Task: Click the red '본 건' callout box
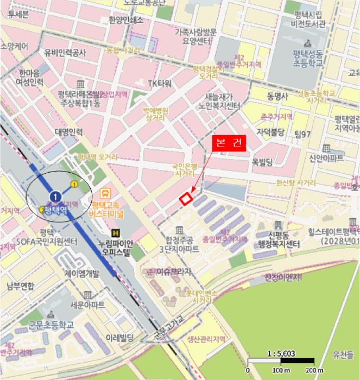click(x=229, y=143)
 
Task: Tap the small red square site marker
click(x=186, y=199)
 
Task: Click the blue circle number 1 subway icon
click(x=55, y=195)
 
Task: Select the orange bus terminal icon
click(x=106, y=193)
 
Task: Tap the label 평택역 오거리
click(x=97, y=157)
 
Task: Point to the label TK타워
click(x=160, y=83)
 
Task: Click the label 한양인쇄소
click(x=126, y=21)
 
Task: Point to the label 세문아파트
click(x=87, y=305)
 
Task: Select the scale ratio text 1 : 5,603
click(x=281, y=353)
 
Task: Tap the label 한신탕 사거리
click(x=296, y=183)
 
